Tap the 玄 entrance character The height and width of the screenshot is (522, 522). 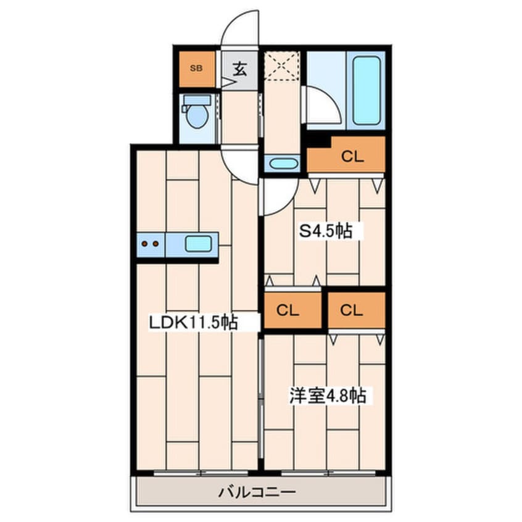240,68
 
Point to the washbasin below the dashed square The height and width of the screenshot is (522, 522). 283,164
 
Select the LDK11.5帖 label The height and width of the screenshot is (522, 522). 193,321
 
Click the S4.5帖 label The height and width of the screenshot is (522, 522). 326,231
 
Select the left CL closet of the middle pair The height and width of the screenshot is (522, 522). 293,310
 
